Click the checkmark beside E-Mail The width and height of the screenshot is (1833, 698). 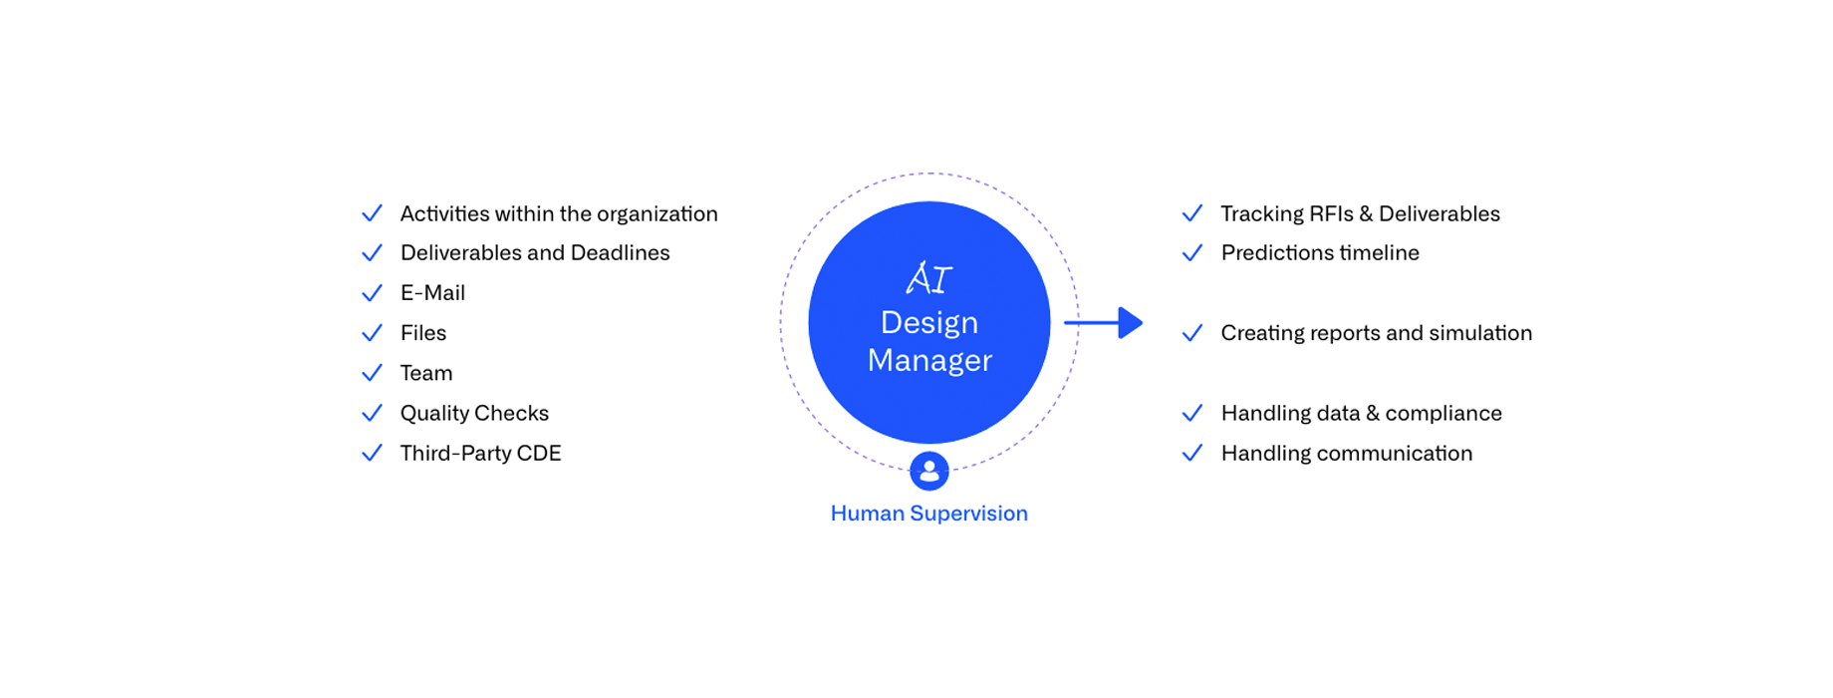click(x=372, y=293)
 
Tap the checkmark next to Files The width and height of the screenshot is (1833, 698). click(x=372, y=333)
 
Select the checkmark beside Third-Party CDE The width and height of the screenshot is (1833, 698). click(x=372, y=453)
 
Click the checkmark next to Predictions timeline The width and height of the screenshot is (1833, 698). click(x=1192, y=253)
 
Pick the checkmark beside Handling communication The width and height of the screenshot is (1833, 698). click(x=1192, y=453)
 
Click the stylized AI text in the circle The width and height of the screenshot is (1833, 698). click(x=929, y=278)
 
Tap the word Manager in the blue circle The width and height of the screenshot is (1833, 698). click(x=929, y=360)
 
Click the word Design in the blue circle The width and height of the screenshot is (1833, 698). click(x=929, y=323)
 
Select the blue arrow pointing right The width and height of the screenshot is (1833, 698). click(x=1104, y=323)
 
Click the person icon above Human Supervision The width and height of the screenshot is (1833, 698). click(x=929, y=471)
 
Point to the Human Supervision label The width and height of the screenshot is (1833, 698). click(x=929, y=514)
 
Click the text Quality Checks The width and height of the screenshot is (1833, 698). click(x=474, y=413)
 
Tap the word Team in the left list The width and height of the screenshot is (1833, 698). click(x=426, y=373)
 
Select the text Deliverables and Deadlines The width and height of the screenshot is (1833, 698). click(x=535, y=253)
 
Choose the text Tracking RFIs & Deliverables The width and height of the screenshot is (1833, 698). click(x=1361, y=213)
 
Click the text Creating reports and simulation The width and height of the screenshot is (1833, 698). click(x=1377, y=333)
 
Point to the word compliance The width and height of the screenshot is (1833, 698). click(x=1443, y=414)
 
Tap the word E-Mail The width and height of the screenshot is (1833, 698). click(x=432, y=293)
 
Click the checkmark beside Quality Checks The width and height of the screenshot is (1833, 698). click(x=372, y=413)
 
